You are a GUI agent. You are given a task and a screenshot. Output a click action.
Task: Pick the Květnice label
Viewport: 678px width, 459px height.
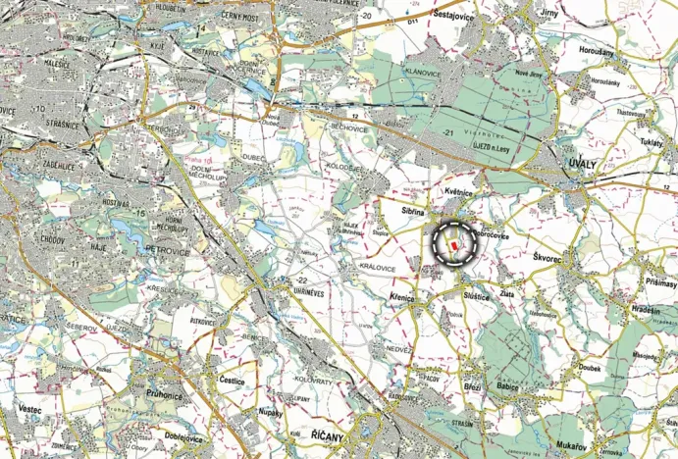[459, 193]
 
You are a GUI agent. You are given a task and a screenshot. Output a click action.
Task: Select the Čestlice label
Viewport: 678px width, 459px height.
[233, 379]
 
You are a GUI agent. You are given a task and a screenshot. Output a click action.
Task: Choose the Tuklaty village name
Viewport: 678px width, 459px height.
[651, 143]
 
